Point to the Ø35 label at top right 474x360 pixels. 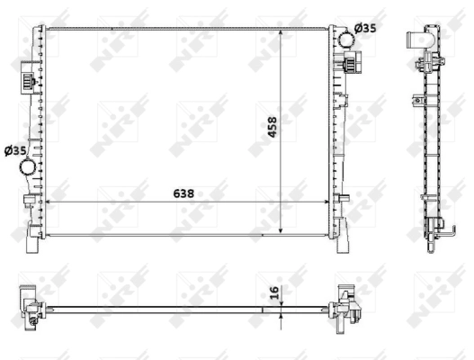point(365,28)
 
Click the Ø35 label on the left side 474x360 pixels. point(15,150)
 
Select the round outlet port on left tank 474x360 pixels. point(31,166)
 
